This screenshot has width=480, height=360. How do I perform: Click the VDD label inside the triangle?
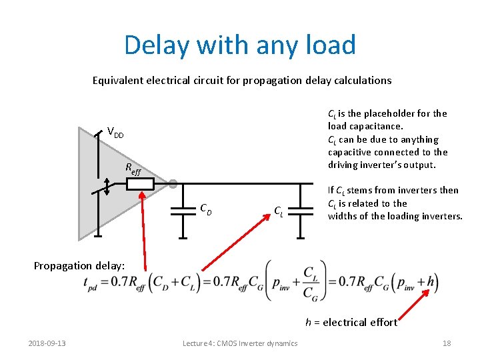point(115,132)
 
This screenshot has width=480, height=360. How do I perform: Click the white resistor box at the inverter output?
point(140,184)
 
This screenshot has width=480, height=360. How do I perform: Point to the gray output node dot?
point(172,184)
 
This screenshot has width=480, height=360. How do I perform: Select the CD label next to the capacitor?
point(207,209)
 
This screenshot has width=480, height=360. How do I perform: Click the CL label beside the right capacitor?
point(279,212)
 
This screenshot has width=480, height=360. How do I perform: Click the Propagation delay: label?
point(79,265)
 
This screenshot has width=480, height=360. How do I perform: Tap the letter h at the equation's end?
point(432,282)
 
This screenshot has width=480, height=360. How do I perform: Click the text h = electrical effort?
point(351,323)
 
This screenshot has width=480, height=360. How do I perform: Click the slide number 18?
point(447,343)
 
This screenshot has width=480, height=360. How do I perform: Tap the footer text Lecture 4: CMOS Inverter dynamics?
point(239,343)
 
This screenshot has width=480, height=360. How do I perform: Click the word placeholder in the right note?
point(387,113)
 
